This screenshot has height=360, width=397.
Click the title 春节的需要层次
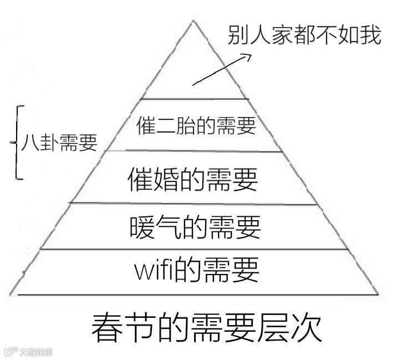click(x=206, y=328)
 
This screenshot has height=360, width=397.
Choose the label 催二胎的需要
click(x=196, y=125)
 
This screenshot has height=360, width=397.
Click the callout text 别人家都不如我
click(x=304, y=36)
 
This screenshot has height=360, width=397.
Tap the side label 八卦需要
click(x=59, y=143)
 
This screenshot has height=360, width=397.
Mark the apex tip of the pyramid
click(x=193, y=21)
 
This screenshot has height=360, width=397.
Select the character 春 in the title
click(x=105, y=328)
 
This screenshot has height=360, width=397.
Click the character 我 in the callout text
click(x=370, y=36)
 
